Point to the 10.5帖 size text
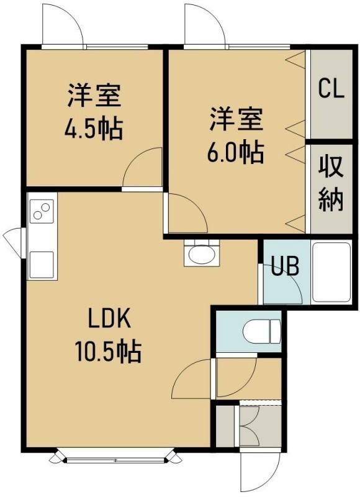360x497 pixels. click(107, 351)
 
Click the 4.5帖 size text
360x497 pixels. click(94, 129)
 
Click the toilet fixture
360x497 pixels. click(261, 331)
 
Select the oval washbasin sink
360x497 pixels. click(201, 253)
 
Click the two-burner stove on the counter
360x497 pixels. click(42, 211)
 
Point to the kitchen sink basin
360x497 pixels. click(42, 265)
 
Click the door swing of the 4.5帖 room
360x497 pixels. click(142, 167)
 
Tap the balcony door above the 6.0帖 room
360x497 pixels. click(205, 25)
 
